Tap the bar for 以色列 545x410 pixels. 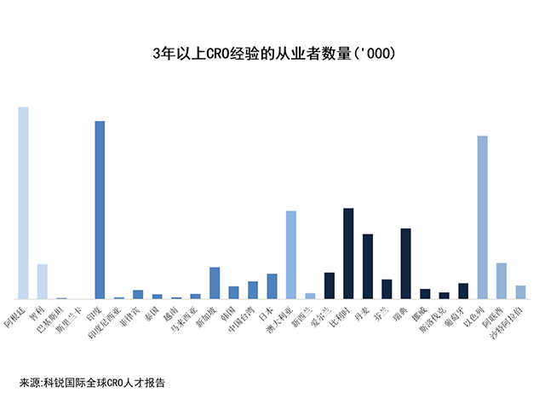tap(482, 217)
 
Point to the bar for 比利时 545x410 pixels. tap(348, 253)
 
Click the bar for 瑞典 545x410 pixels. tap(405, 263)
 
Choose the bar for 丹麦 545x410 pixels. tap(368, 266)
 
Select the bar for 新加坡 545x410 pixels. tap(215, 283)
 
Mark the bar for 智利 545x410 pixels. tap(43, 281)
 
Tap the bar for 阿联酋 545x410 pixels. tap(502, 280)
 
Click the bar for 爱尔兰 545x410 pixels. tap(330, 286)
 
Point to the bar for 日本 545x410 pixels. tap(272, 286)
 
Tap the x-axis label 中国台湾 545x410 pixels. tap(243, 319)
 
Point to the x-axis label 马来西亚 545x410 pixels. tap(185, 320)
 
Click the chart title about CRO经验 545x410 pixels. tap(272, 53)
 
